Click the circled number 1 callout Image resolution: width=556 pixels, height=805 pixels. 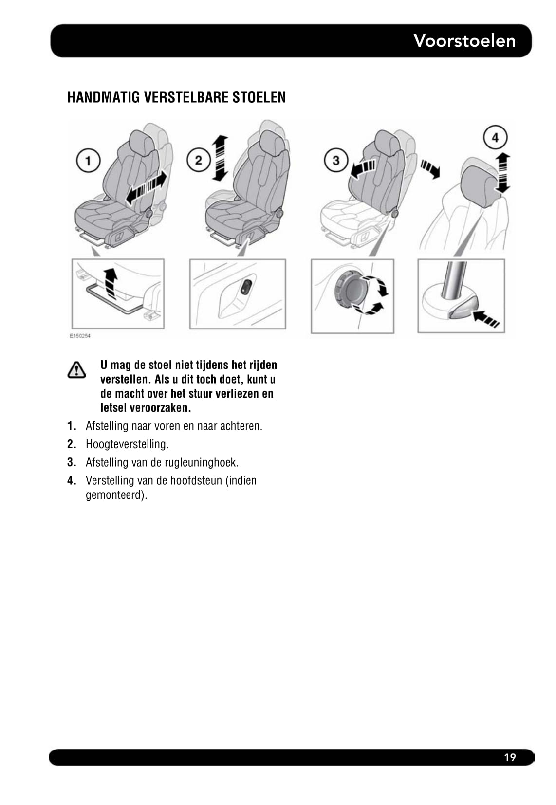(88, 160)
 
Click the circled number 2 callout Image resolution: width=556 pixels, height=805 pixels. (198, 160)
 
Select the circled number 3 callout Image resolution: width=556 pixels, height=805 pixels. (335, 160)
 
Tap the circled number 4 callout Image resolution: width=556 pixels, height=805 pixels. (495, 138)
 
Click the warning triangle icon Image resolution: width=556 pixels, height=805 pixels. (76, 370)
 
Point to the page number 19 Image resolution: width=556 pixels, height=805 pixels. (510, 757)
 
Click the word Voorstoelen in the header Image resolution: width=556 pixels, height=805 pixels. (464, 40)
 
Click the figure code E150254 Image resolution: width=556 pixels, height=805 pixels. (80, 336)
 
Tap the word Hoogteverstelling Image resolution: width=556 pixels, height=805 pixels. (127, 444)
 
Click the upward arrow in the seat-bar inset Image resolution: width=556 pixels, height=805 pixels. (111, 283)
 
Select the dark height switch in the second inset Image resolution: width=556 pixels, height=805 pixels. (246, 287)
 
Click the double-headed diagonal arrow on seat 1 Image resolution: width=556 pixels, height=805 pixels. (146, 187)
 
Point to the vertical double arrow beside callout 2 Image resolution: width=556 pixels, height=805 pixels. (220, 158)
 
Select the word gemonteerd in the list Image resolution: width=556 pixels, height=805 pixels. (116, 495)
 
